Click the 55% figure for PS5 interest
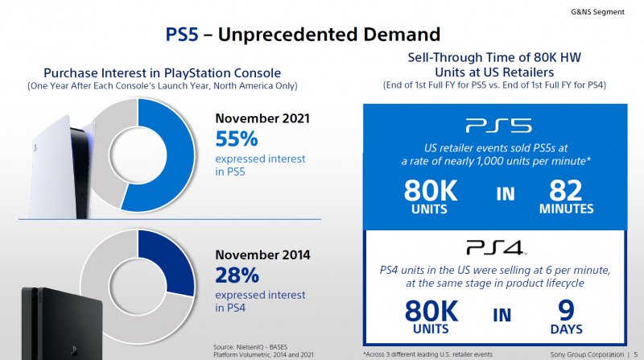coord(237,139)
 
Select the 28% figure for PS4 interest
coord(237,275)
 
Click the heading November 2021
coord(262,118)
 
